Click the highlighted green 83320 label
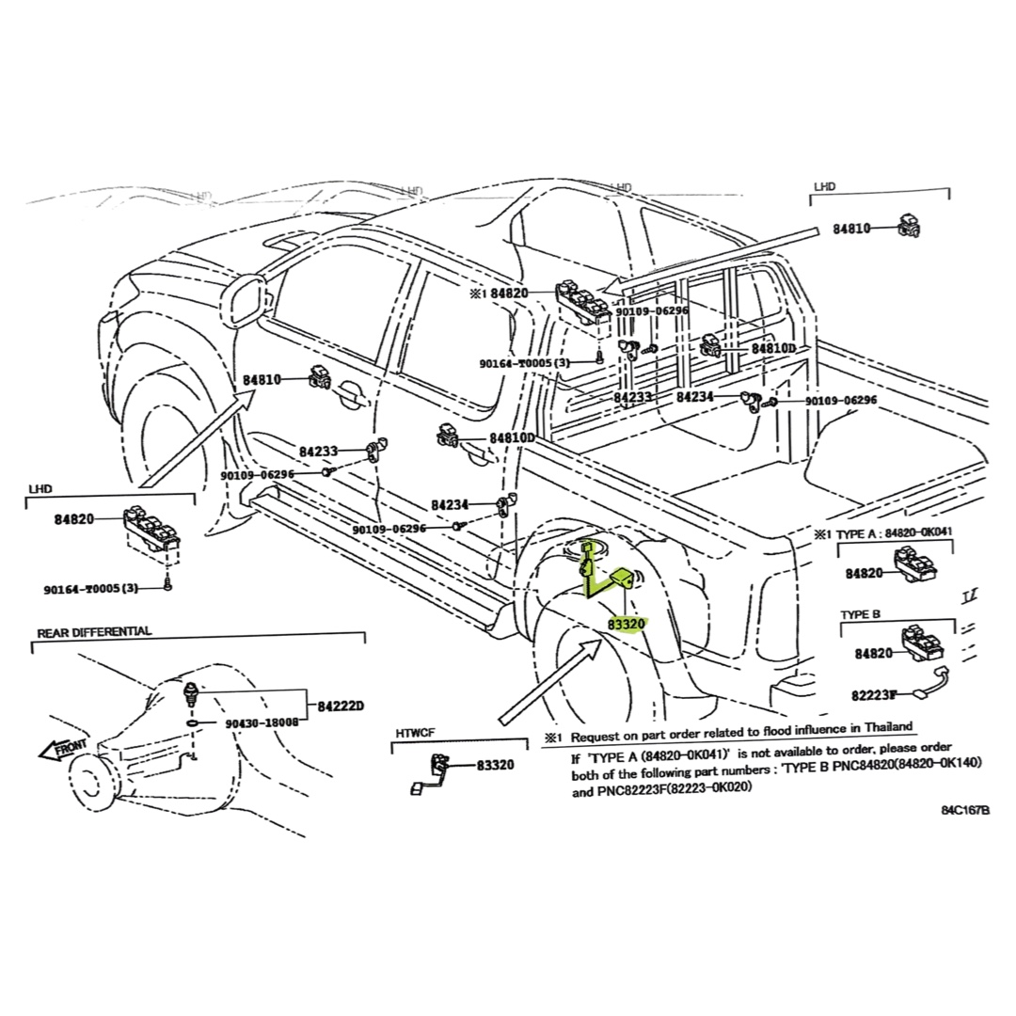[626, 623]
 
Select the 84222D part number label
[340, 706]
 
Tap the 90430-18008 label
[262, 722]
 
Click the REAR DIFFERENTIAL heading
[93, 631]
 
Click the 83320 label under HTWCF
[494, 765]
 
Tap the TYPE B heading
[860, 614]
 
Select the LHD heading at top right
[823, 187]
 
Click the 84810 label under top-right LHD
[853, 229]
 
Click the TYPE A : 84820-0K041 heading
[895, 532]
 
